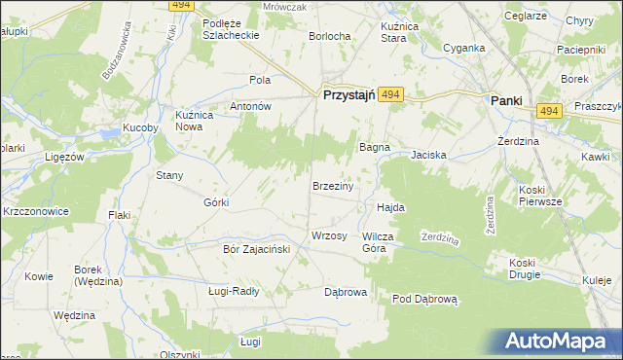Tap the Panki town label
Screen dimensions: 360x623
505,100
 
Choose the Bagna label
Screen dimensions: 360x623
374,147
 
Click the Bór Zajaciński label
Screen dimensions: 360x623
251,248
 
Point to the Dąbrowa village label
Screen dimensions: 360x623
345,291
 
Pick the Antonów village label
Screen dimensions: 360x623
249,106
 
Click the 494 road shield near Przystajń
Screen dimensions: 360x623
390,93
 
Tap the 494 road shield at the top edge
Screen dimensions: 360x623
177,6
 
